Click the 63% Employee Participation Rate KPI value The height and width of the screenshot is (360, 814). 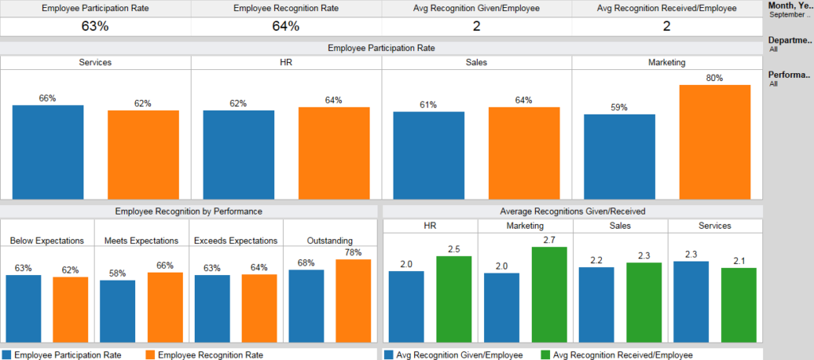(95, 26)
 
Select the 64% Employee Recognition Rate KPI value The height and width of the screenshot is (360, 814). (286, 26)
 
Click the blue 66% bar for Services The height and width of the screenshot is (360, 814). (48, 152)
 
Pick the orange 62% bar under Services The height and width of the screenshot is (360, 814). (143, 154)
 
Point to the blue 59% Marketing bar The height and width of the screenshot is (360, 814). (619, 157)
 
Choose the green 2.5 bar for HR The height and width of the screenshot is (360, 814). (454, 299)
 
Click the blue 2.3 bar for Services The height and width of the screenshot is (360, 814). (691, 301)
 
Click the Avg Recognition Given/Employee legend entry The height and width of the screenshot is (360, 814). (453, 355)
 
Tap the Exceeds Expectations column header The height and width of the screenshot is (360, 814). (236, 240)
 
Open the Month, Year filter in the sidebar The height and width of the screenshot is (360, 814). (789, 10)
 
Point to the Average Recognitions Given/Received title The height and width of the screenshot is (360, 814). (572, 211)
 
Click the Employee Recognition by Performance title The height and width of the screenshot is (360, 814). (188, 211)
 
